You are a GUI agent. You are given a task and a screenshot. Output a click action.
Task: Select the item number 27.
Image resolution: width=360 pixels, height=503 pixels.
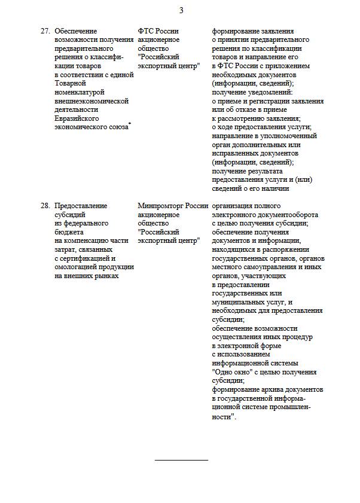pyautogui.click(x=45, y=31)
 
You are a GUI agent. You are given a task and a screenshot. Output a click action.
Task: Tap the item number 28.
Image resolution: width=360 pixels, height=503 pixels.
pyautogui.click(x=45, y=206)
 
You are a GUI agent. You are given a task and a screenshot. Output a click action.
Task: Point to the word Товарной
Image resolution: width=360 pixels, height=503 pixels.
pyautogui.click(x=71, y=84)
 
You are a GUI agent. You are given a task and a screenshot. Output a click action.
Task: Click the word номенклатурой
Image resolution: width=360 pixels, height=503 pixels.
pyautogui.click(x=80, y=93)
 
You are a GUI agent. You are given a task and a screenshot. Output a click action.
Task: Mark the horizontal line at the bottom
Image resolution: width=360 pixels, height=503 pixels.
pyautogui.click(x=181, y=460)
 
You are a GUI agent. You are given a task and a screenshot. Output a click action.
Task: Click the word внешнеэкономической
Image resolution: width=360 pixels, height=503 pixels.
pyautogui.click(x=91, y=101)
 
